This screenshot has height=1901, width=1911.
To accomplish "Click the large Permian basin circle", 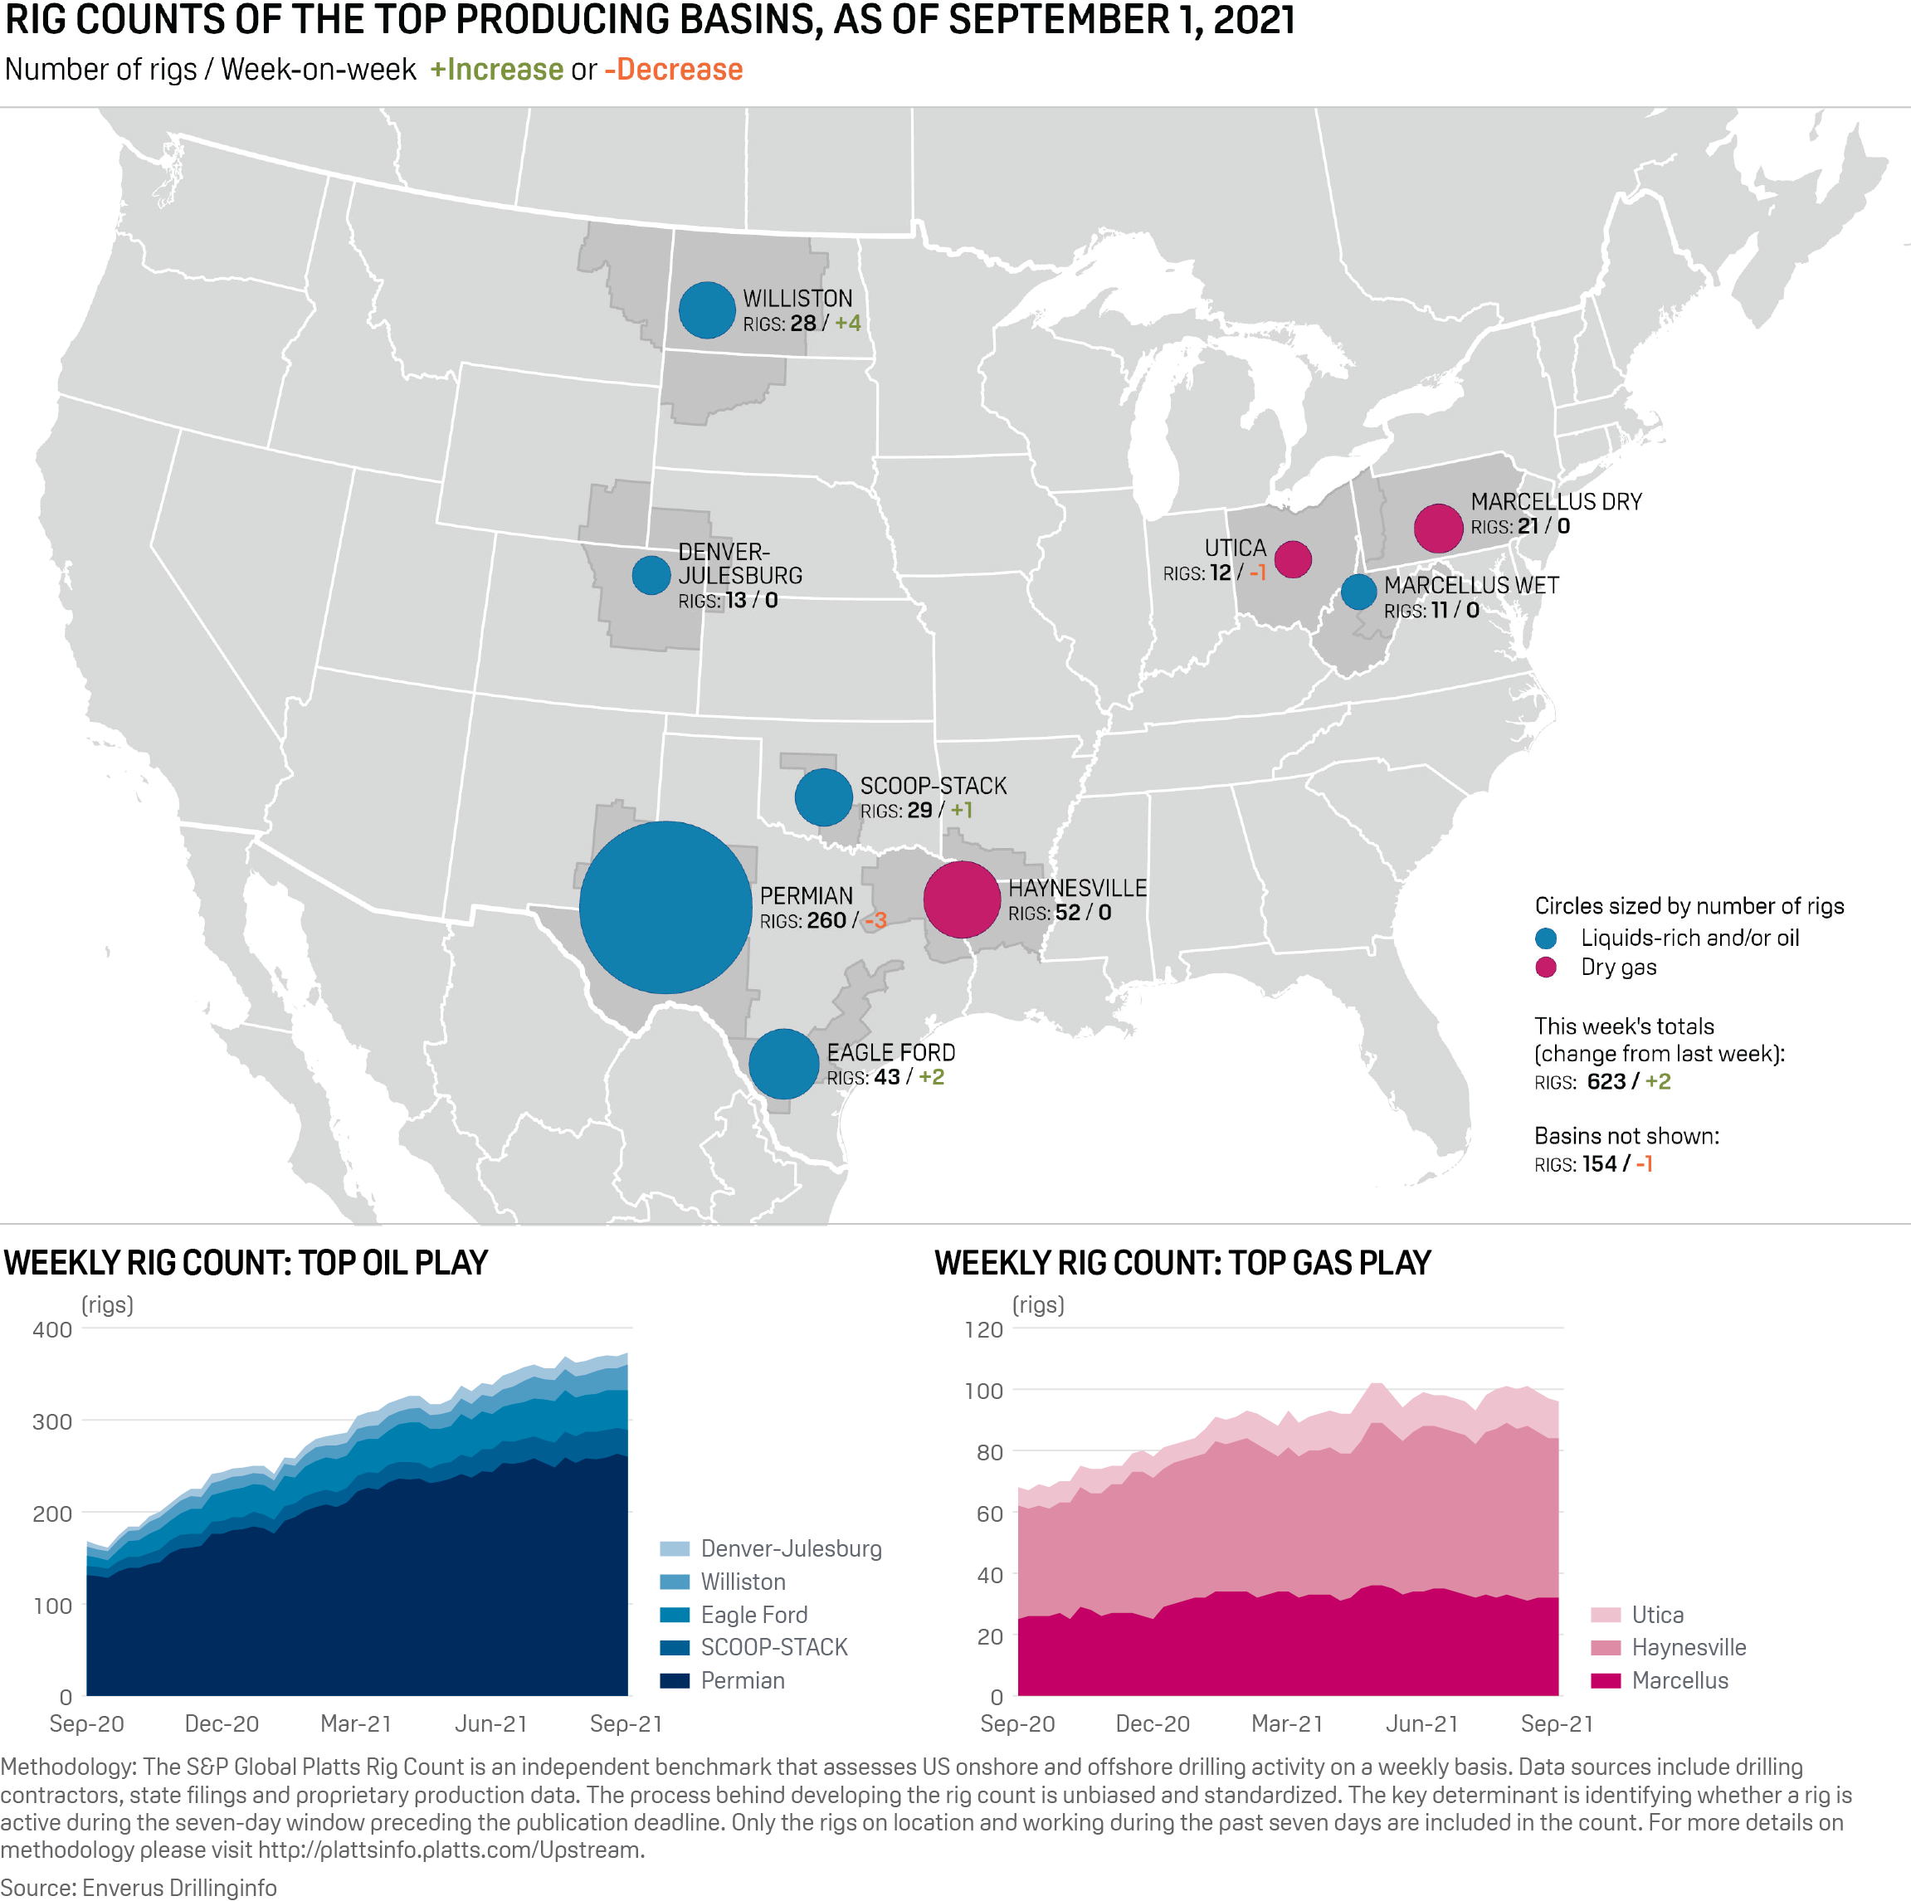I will point(665,907).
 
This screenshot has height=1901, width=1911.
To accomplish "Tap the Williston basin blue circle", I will point(706,310).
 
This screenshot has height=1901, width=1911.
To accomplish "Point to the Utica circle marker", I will point(1293,558).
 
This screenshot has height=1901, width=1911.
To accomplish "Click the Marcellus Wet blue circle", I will point(1358,592).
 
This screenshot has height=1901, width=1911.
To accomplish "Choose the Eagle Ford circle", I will point(783,1063).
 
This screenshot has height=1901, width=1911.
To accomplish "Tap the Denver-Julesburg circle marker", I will point(651,575).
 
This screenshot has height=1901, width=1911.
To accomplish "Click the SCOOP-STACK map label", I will point(933,785).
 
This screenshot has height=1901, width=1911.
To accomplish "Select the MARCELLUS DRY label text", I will point(1555,501).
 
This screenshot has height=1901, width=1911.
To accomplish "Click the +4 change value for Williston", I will point(848,324).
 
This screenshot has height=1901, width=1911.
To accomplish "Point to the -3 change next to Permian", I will point(875,921).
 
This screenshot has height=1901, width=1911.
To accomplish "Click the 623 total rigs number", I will point(1606,1081).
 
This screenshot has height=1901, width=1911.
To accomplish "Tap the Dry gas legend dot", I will point(1545,968).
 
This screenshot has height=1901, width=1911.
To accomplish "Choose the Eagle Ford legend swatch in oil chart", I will point(675,1614).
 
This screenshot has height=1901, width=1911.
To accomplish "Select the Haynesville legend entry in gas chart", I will point(1689,1647).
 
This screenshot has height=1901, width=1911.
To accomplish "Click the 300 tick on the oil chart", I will point(52,1421).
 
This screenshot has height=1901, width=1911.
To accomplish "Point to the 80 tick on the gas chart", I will point(989,1452).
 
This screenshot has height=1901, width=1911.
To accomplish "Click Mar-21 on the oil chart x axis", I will point(356,1723).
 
